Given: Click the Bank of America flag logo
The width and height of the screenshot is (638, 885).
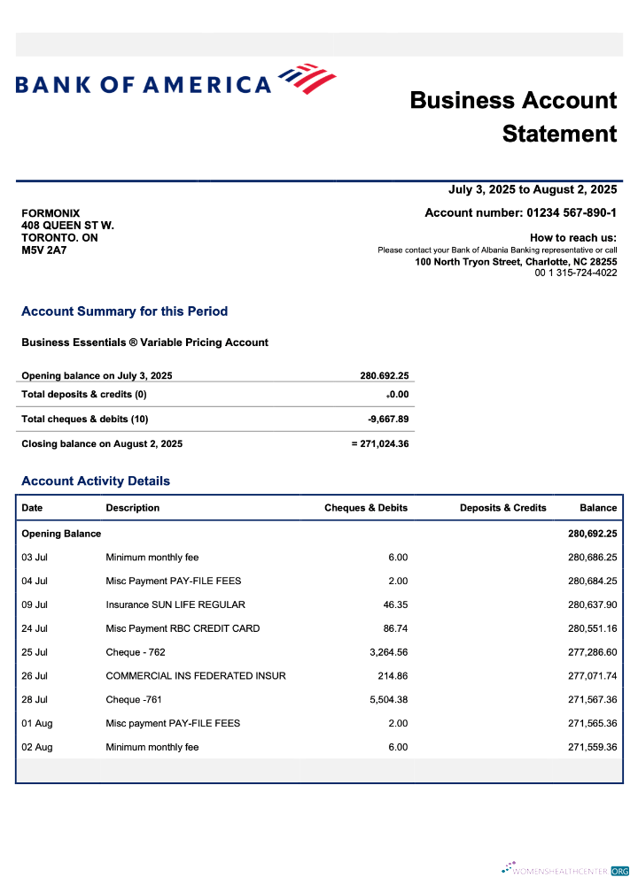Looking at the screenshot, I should (x=307, y=79).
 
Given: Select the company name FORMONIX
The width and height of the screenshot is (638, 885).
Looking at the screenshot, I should (x=51, y=213).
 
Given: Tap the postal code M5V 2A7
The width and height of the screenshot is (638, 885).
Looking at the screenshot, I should (x=43, y=250).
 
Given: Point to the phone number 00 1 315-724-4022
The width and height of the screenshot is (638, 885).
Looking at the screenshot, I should (x=575, y=273).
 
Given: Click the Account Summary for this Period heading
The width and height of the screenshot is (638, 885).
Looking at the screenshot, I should (x=124, y=312).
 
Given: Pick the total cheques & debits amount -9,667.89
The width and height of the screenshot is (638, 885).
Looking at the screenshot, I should (x=388, y=419).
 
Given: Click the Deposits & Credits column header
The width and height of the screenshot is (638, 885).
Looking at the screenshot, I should (x=502, y=508).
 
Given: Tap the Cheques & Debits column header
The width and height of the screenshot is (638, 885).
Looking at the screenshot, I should (x=366, y=508).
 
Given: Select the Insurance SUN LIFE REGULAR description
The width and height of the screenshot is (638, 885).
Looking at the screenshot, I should (x=175, y=604).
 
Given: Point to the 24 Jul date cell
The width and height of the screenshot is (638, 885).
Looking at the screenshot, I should (x=35, y=628).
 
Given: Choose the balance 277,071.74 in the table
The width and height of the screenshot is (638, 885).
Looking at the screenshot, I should (x=592, y=676).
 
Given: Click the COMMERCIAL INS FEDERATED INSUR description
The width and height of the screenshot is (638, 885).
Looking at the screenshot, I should (x=196, y=676).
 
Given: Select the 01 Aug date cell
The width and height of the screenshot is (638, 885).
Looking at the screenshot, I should (x=36, y=723).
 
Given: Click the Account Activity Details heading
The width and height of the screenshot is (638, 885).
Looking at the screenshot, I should (x=96, y=481).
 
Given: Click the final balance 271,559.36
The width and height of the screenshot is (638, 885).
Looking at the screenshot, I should (x=592, y=747).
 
